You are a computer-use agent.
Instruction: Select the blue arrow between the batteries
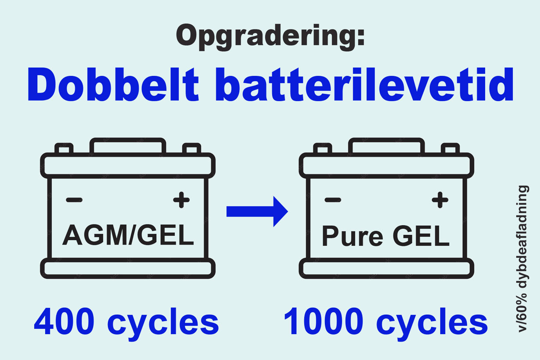coord(257,211)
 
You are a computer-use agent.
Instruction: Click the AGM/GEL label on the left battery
coord(128,236)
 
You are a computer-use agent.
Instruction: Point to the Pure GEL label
coord(385,237)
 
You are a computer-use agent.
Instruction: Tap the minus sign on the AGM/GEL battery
coord(74,200)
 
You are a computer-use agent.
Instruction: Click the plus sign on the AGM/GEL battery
coord(181,201)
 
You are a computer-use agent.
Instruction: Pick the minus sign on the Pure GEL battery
coord(332,200)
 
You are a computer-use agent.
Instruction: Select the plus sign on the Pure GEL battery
coord(439,201)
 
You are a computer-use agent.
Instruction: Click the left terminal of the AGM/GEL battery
coord(64,149)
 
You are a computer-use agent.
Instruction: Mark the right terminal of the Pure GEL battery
coord(450,149)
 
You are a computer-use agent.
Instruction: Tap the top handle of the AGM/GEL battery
coord(128,146)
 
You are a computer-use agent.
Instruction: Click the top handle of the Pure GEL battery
coord(386,146)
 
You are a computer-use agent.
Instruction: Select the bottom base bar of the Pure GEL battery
coord(386,268)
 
